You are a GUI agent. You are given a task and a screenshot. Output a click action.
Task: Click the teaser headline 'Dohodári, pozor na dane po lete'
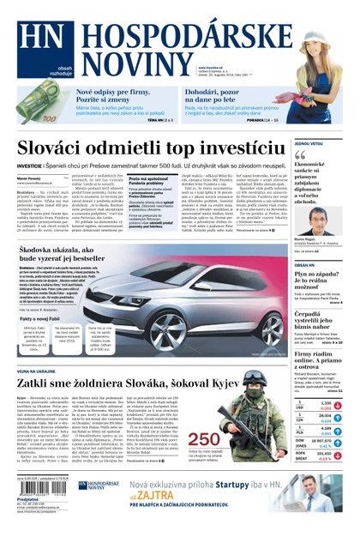click(225, 94)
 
